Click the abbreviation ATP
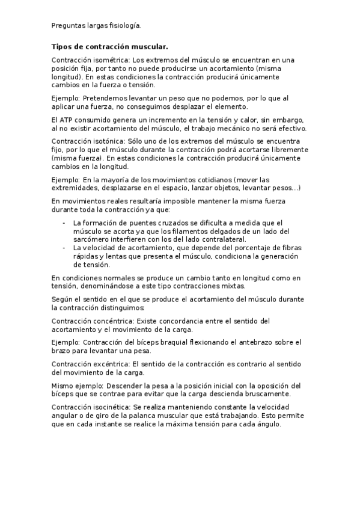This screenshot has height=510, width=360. pyautogui.click(x=68, y=120)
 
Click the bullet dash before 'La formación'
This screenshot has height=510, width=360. pyautogui.click(x=64, y=223)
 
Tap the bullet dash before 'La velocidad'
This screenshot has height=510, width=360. pyautogui.click(x=64, y=248)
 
